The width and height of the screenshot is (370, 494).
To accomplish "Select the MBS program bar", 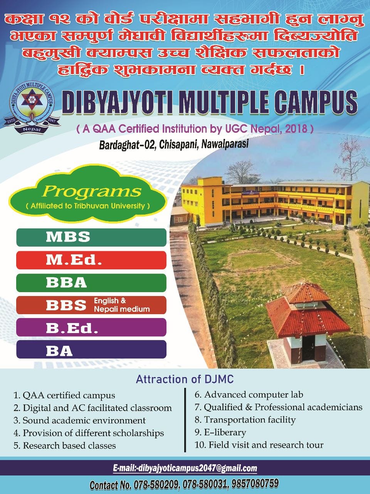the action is [91, 237].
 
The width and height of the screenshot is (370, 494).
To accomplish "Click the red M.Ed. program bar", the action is [91, 260].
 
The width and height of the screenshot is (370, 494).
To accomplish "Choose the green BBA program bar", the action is [91, 283].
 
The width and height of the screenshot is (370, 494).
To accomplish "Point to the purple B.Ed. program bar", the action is [91, 327].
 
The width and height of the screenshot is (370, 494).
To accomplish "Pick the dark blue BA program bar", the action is [91, 349].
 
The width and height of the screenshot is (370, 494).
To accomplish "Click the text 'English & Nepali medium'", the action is [122, 305].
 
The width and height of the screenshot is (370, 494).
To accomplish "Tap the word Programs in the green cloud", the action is [92, 191].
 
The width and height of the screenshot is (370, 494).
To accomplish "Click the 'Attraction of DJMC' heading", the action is [185, 379].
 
